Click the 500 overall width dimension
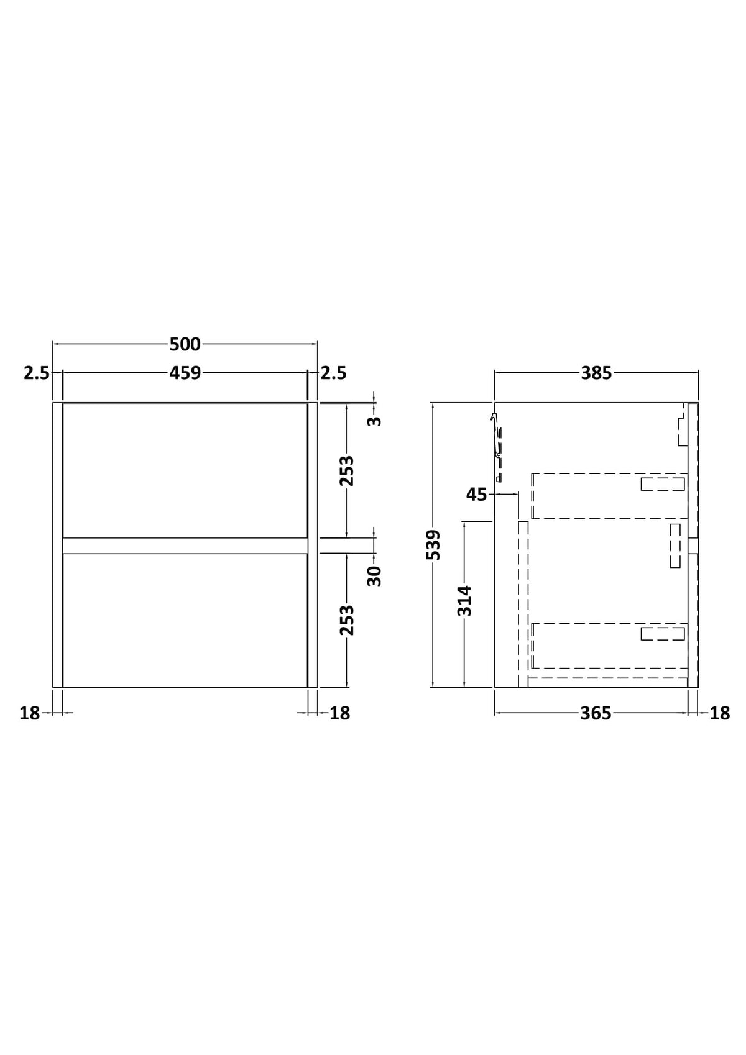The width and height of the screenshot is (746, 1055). (x=185, y=344)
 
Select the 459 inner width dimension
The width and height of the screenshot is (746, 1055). (x=185, y=373)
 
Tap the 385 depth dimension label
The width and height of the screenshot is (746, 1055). (x=596, y=373)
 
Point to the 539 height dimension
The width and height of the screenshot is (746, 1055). (x=433, y=545)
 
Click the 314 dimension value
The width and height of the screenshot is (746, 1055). (x=464, y=600)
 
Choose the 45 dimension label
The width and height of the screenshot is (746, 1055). (x=476, y=495)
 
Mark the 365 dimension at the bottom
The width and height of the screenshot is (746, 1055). (x=596, y=713)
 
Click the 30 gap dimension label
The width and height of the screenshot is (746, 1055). (x=374, y=575)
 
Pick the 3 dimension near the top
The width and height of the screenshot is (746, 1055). (x=374, y=421)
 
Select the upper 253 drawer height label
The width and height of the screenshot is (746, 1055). (x=347, y=470)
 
